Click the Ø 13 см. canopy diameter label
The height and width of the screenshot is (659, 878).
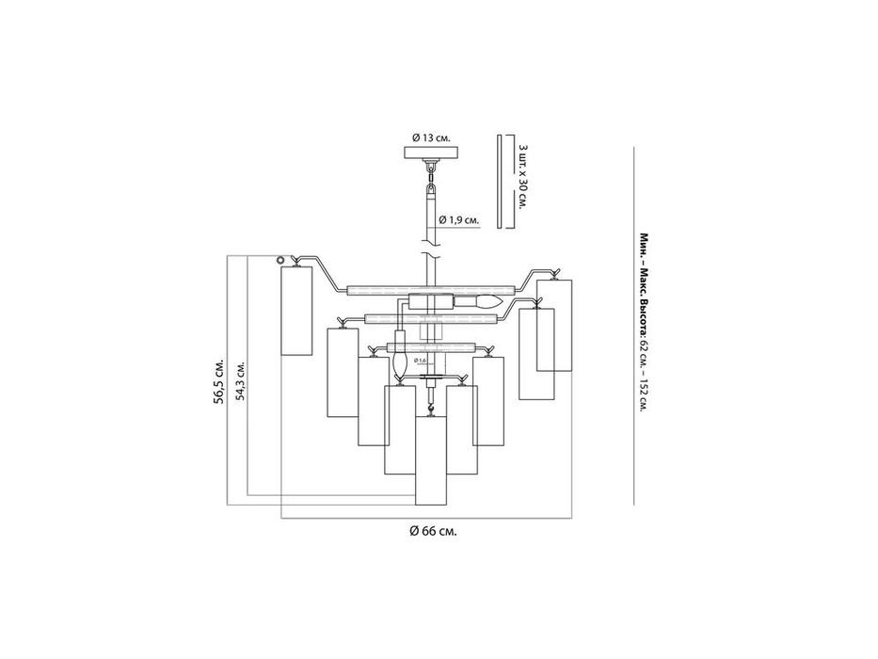[x=431, y=137]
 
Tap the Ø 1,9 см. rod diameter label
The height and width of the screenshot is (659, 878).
[x=458, y=219]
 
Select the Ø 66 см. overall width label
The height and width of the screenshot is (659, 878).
[x=434, y=531]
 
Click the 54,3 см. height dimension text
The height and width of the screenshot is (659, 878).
[x=242, y=381]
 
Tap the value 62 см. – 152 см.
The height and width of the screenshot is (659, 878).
[x=645, y=377]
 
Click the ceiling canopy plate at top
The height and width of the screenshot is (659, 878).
[x=431, y=153]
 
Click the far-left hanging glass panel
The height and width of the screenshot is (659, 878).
[x=296, y=310]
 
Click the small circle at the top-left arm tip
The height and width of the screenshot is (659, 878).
[x=279, y=260]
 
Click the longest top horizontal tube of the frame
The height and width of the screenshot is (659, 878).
[x=431, y=288]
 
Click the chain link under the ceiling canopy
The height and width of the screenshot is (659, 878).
[x=431, y=171]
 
